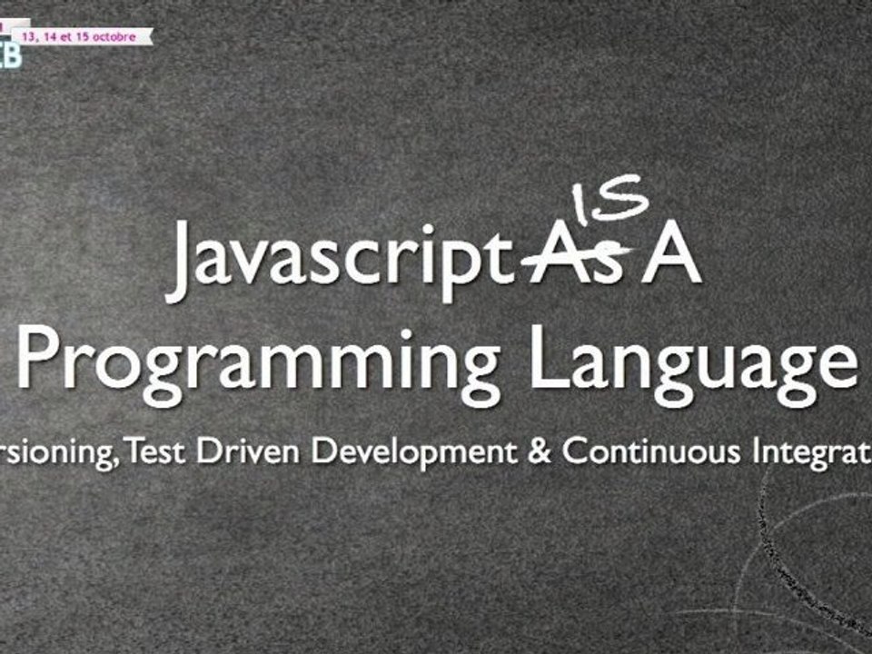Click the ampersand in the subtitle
click(x=539, y=451)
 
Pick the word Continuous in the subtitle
click(x=652, y=451)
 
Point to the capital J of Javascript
click(x=182, y=262)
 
